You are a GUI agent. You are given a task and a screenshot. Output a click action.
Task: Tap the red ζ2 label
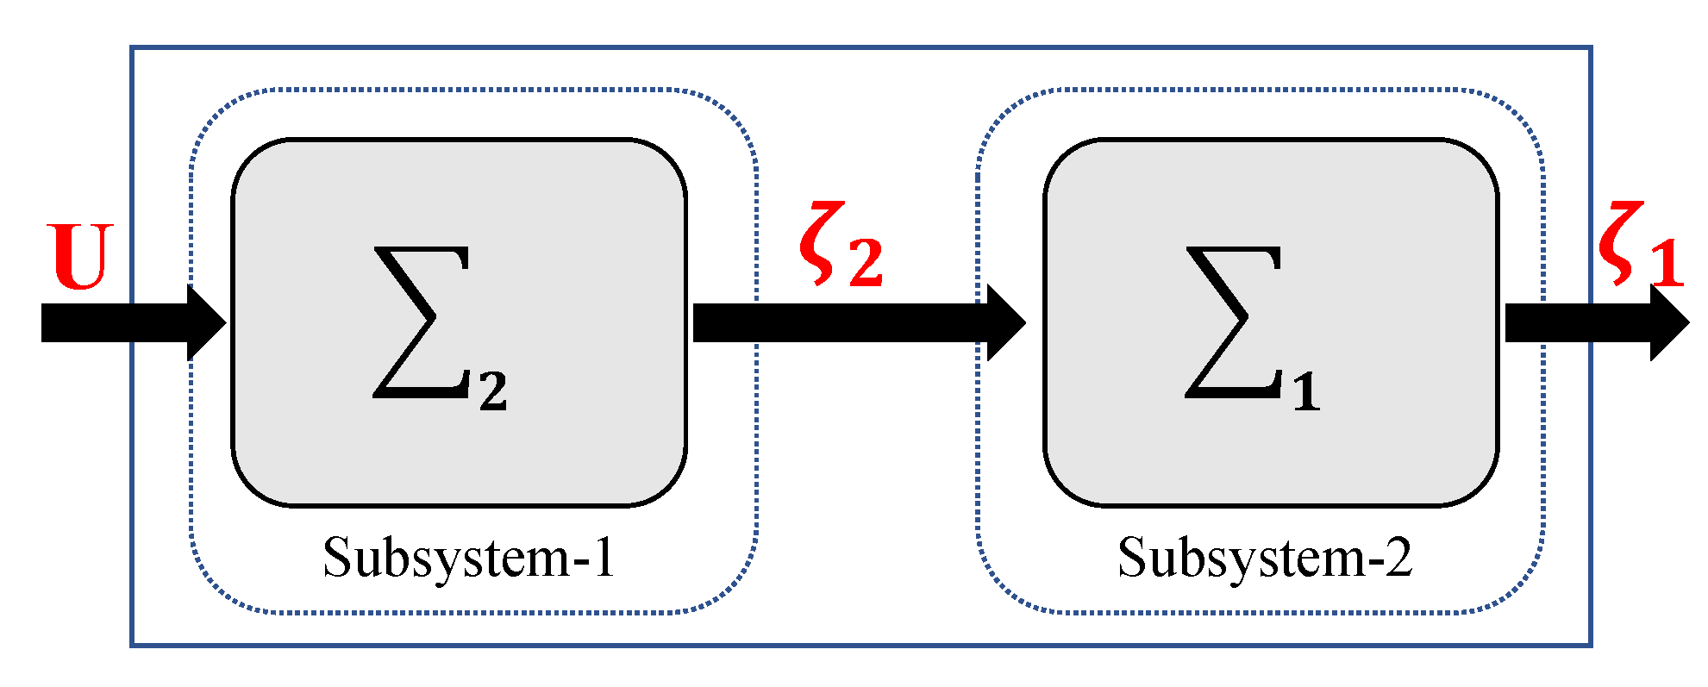[x=841, y=246]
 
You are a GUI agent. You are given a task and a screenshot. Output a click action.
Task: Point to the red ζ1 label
[x=1640, y=246]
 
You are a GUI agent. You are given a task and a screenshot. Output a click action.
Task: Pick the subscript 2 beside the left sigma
[x=493, y=391]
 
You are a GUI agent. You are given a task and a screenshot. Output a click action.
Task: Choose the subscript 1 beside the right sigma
[x=1306, y=391]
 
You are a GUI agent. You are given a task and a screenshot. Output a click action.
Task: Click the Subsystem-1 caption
[x=469, y=558]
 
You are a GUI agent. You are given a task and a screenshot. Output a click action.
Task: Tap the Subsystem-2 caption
[x=1265, y=558]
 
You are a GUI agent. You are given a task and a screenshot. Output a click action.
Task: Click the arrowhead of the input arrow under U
[x=207, y=322]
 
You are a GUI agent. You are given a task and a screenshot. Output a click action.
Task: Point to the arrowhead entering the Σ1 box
[x=1006, y=322]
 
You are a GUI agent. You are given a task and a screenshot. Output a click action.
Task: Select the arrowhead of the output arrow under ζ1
[x=1668, y=322]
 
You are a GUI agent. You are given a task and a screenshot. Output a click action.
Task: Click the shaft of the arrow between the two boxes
[x=841, y=322]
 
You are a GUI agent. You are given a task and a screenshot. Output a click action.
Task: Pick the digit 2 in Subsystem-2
[x=1397, y=558]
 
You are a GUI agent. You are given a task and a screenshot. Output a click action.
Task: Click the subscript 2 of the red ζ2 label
[x=866, y=262]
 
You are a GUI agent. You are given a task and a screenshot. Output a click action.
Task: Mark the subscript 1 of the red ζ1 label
[x=1666, y=262]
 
